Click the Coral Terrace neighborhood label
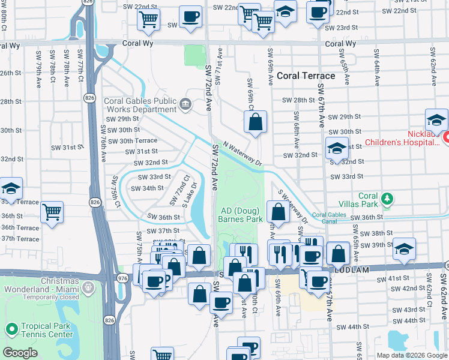point(306,76)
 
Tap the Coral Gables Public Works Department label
point(140,105)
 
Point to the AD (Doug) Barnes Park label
point(241,215)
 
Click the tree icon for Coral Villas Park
point(388,199)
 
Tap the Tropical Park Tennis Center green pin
point(11,329)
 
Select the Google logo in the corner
point(20,353)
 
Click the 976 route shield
point(122,277)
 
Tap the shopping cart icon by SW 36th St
point(52,212)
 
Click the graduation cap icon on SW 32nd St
point(337,148)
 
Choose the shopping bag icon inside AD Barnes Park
point(278,212)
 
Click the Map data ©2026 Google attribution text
point(411,355)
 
